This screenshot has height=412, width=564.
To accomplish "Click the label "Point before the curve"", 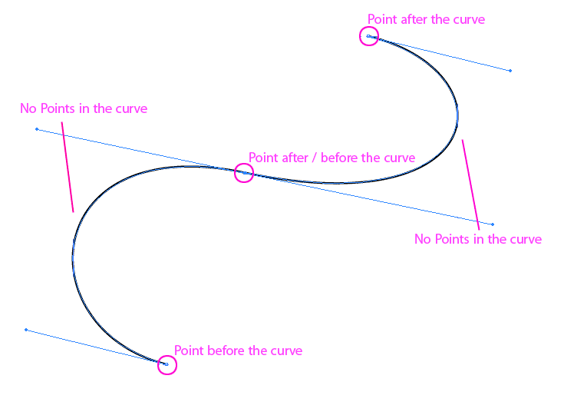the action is pos(238,351).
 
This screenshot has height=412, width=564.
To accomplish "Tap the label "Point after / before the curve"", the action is pos(331,158).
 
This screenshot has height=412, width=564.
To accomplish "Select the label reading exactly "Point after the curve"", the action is pos(426,19).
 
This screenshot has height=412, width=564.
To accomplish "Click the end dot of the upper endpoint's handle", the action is pos(510,71).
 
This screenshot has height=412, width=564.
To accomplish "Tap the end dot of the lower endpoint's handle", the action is pos(26,330).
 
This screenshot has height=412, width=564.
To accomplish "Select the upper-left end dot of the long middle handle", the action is pos(37,129).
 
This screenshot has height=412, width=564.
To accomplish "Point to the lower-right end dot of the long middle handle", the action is pos(493,224).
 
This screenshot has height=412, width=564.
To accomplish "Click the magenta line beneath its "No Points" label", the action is pos(68,168).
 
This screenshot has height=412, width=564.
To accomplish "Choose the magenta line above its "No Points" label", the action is pos(470,185).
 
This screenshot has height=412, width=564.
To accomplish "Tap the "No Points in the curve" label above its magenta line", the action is pos(84,108).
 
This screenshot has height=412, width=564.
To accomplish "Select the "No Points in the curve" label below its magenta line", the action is pos(478,239).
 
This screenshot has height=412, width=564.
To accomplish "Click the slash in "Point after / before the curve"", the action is pos(315,158).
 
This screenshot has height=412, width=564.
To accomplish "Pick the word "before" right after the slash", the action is pos(339,158).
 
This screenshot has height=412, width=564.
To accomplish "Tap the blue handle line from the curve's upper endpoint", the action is pos(439,53).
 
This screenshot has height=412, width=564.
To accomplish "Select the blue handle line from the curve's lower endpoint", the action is pos(97,347).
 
